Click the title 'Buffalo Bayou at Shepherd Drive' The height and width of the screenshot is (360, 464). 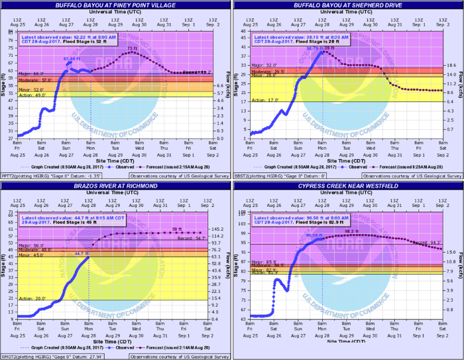pos(348,4)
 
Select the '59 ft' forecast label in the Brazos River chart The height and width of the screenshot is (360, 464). pos(176,229)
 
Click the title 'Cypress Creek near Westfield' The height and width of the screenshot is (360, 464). pos(348,187)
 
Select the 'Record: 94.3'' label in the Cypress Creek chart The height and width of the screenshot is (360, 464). pos(424,243)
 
